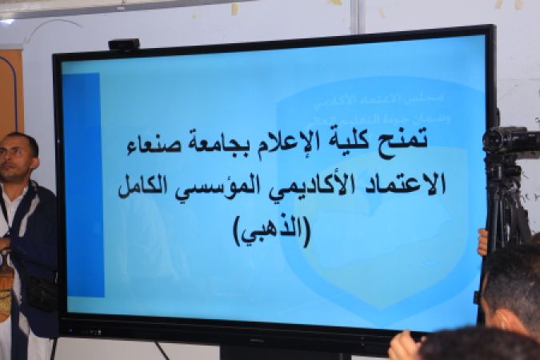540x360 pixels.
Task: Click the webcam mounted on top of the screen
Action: pyautogui.click(x=124, y=46)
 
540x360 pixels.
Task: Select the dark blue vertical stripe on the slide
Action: pyautogui.click(x=83, y=184)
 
